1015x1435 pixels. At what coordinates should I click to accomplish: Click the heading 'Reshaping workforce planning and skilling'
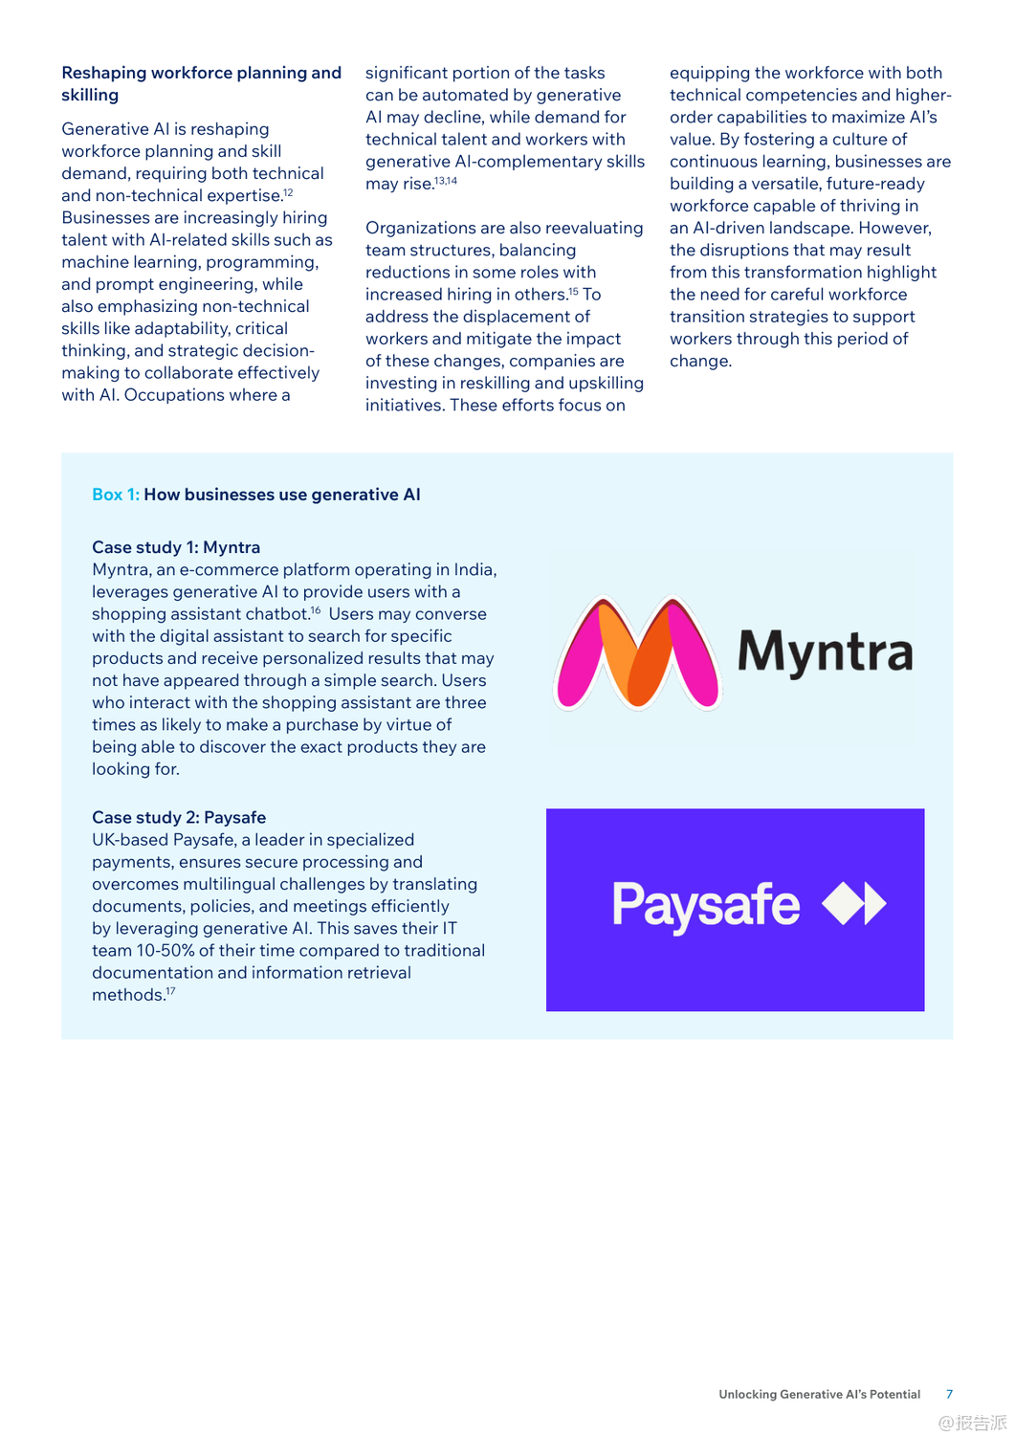[201, 83]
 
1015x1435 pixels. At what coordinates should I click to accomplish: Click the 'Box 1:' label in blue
[115, 495]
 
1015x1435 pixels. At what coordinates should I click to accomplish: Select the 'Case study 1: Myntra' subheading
[176, 547]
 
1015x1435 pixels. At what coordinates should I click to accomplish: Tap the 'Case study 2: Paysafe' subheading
[179, 817]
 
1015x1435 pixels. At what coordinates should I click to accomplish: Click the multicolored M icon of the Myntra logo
[637, 653]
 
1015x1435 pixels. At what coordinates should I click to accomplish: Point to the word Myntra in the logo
[825, 652]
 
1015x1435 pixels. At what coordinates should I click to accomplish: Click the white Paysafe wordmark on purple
[706, 905]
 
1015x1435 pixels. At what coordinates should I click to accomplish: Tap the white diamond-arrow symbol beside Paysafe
[854, 904]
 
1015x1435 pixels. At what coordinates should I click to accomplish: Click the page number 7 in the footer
[949, 1394]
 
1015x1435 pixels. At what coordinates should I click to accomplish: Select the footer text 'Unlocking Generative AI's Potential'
[819, 1394]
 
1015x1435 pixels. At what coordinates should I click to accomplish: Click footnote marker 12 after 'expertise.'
[288, 192]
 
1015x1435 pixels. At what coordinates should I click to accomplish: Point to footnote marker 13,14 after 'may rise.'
[446, 181]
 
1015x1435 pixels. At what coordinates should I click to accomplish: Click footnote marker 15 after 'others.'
[574, 291]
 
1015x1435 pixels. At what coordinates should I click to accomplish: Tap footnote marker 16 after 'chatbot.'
[316, 610]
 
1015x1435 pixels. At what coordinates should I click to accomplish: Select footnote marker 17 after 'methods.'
[170, 991]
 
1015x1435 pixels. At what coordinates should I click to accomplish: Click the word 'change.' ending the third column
[700, 361]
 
